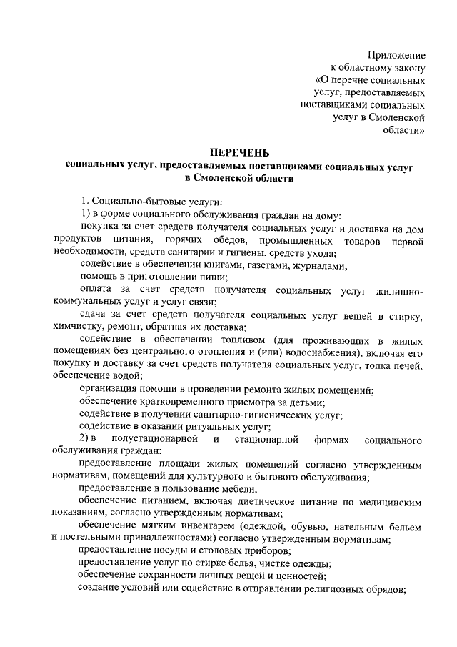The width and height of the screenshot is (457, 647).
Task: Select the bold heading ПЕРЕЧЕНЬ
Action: [239, 152]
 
